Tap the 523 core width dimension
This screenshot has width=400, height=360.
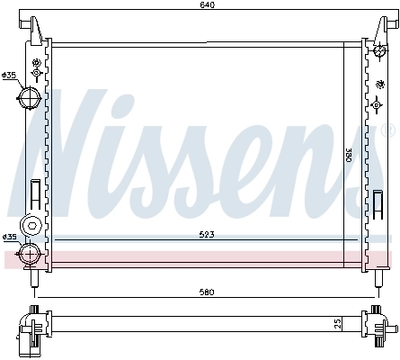click(x=207, y=235)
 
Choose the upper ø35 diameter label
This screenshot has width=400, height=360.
click(x=10, y=74)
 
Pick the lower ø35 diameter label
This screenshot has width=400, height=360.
click(x=10, y=237)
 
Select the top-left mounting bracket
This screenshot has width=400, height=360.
click(x=35, y=28)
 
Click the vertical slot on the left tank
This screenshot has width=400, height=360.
click(x=35, y=194)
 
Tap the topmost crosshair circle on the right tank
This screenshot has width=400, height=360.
click(x=370, y=64)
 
